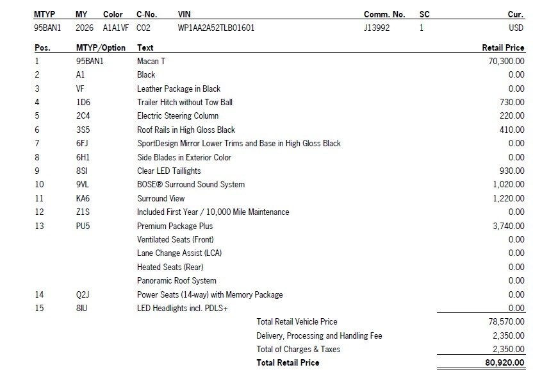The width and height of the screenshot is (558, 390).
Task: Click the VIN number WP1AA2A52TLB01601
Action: [x=216, y=28]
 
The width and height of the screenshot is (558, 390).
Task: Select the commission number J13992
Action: [x=377, y=28]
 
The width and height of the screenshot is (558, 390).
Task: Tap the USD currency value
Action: [x=516, y=28]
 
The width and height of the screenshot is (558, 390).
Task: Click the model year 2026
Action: [x=85, y=28]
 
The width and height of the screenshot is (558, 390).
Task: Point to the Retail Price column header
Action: [x=503, y=47]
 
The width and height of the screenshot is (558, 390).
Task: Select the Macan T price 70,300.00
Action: [x=506, y=61]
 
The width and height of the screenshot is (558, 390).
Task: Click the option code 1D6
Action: [x=83, y=102]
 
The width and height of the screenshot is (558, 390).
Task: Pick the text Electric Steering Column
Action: [x=177, y=116]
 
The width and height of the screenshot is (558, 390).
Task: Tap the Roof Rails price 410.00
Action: [x=512, y=130]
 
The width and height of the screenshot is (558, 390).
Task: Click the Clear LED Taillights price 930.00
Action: [x=512, y=171]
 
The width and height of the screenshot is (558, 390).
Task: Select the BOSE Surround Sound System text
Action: [x=190, y=185]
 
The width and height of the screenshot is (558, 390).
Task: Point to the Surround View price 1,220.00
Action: [x=509, y=198]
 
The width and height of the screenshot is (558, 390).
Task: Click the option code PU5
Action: [x=83, y=226]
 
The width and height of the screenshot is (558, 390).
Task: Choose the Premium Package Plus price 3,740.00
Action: [x=509, y=226]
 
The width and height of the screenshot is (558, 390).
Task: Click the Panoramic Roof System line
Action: [x=176, y=281]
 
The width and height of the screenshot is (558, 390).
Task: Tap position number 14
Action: [x=39, y=295]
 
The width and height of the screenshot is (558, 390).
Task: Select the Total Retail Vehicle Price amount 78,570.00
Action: [x=506, y=322]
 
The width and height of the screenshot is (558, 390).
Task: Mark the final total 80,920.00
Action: [x=505, y=363]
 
